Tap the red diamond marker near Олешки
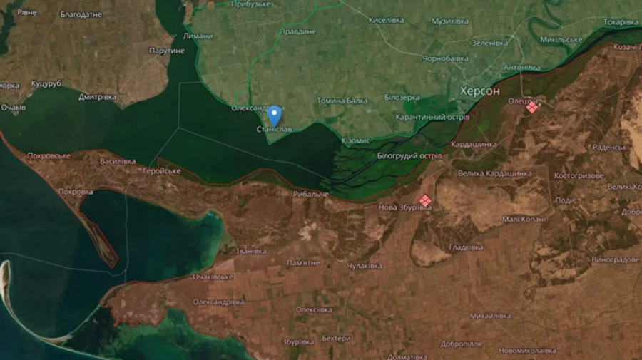click(x=531, y=107)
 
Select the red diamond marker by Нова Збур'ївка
click(x=425, y=201)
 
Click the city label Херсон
click(x=480, y=91)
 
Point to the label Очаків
click(x=13, y=108)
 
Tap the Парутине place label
click(x=167, y=51)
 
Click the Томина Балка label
click(x=342, y=101)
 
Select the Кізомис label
click(x=355, y=141)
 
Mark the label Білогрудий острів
click(x=409, y=155)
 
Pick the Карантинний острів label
click(x=432, y=117)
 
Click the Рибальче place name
click(x=311, y=194)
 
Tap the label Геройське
click(x=162, y=171)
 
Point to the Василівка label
click(x=118, y=161)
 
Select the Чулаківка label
click(x=365, y=266)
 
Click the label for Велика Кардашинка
click(x=494, y=173)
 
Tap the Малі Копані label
click(x=524, y=220)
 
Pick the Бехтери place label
click(x=336, y=339)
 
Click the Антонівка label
click(x=522, y=68)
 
